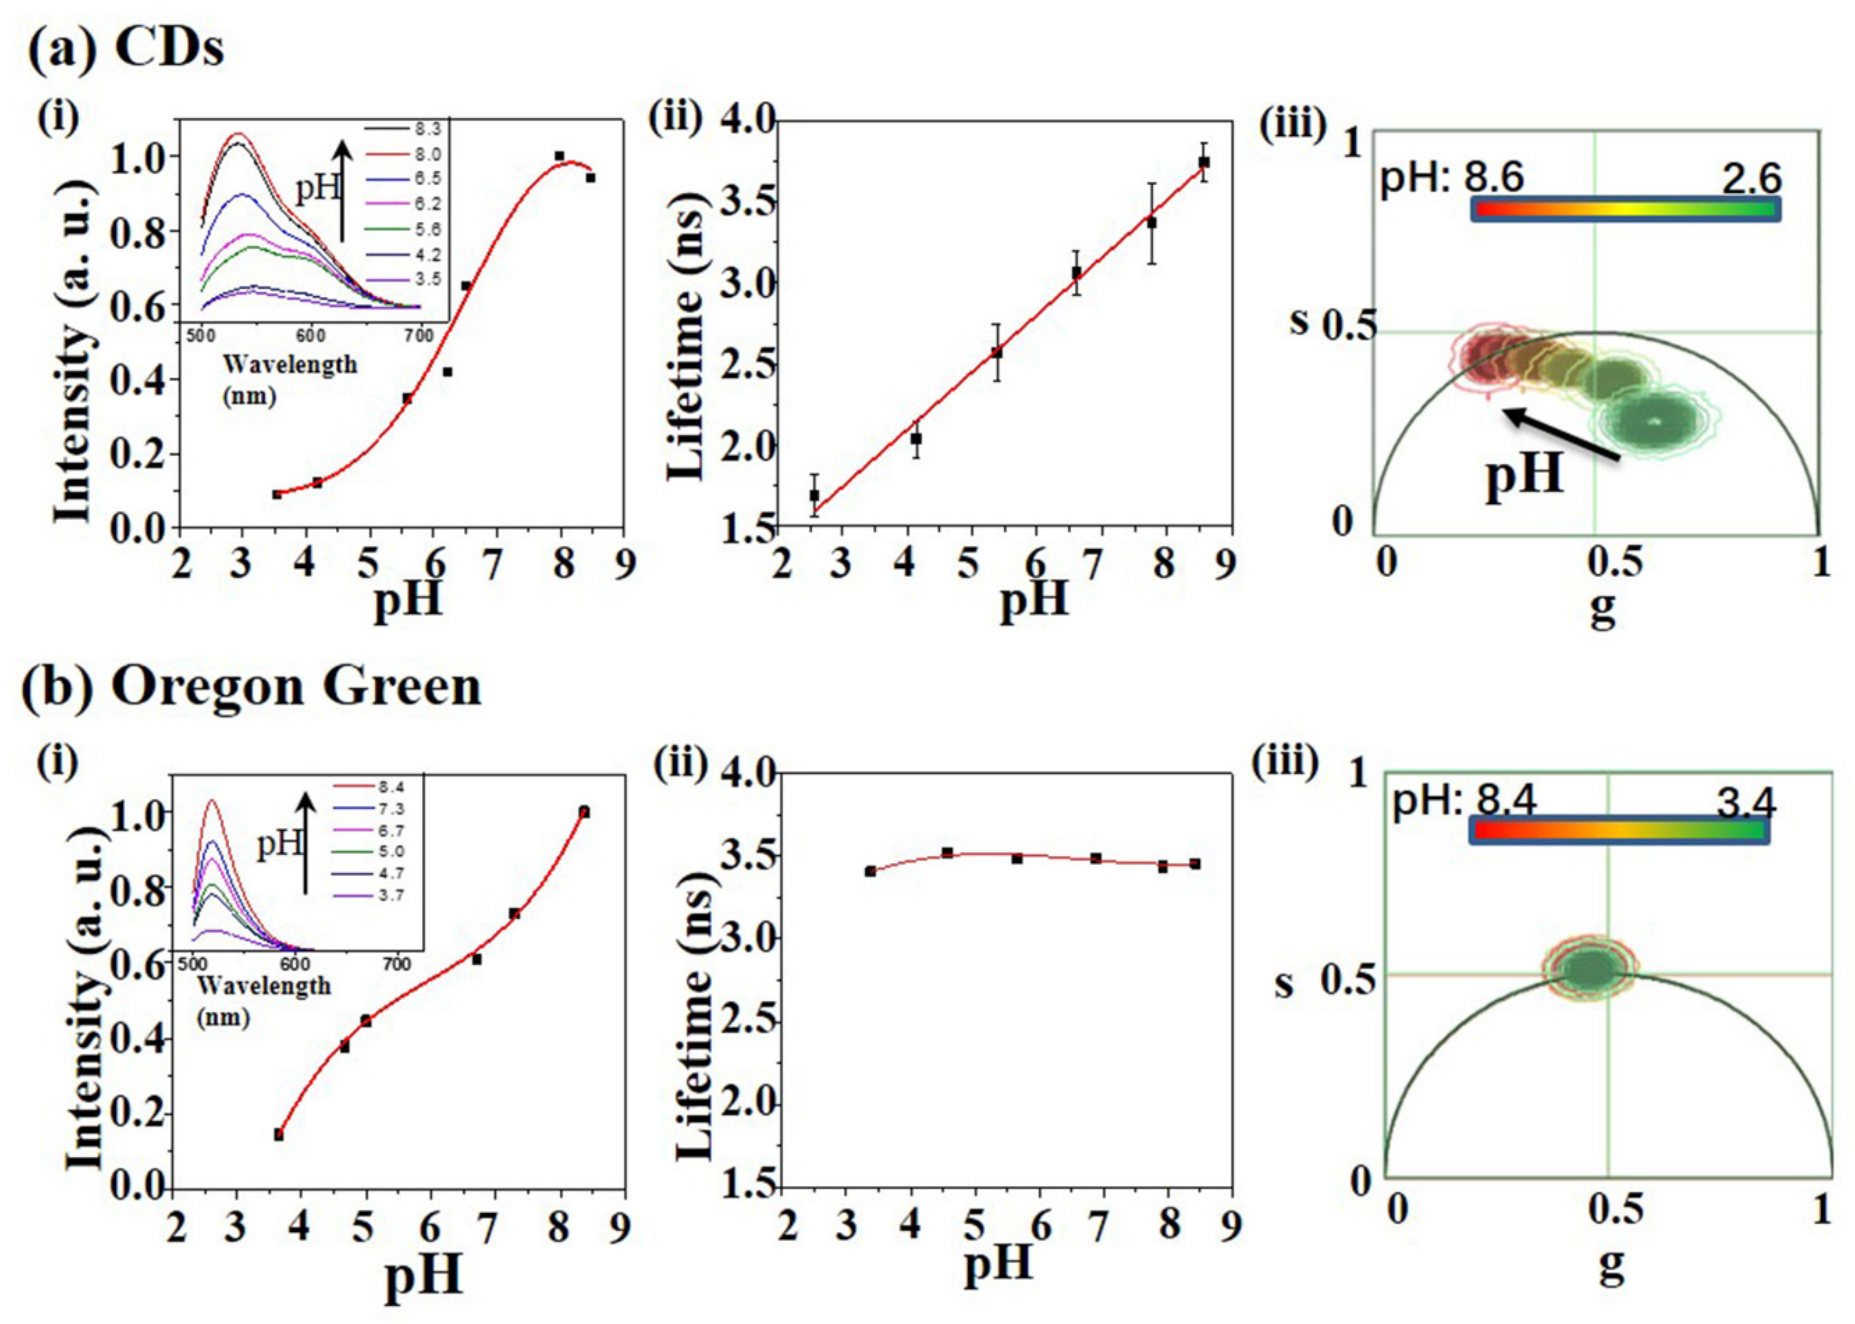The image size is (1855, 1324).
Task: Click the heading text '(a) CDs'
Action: point(127,49)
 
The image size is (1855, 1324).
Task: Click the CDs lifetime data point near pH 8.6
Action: point(1204,162)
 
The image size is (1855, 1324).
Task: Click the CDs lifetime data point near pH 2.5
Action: point(814,495)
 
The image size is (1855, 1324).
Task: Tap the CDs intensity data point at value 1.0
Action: point(559,156)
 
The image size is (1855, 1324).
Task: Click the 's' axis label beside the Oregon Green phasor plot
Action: point(1284,984)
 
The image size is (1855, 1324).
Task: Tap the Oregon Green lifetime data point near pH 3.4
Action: point(870,872)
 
